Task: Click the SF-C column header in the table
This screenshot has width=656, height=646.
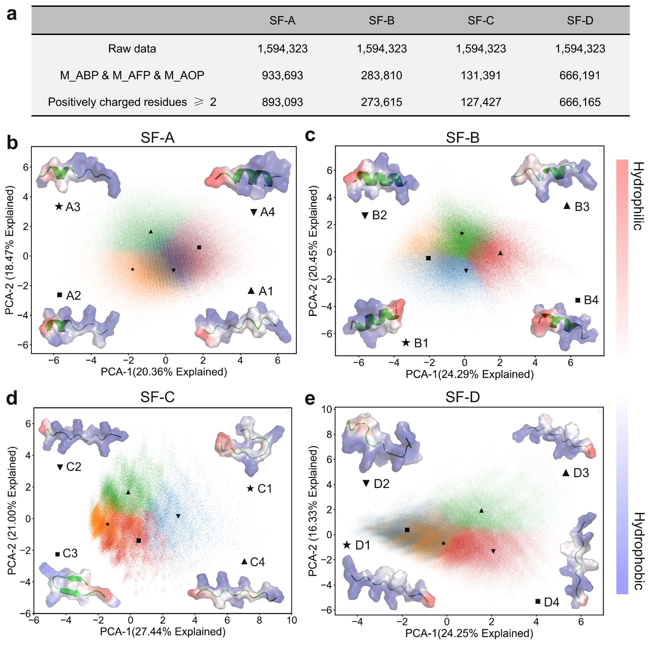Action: [x=481, y=20]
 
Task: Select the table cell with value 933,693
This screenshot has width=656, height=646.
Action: [x=282, y=75]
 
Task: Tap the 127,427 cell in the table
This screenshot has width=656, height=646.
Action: [x=481, y=102]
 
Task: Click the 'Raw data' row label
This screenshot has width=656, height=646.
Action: [x=132, y=49]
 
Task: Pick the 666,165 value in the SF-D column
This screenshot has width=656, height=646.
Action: [x=580, y=102]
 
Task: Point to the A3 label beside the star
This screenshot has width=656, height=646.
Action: [x=73, y=207]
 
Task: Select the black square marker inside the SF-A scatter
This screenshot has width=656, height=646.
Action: [x=199, y=248]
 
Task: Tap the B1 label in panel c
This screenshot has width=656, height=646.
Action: [x=421, y=343]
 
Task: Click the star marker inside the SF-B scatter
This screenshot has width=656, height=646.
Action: [x=462, y=234]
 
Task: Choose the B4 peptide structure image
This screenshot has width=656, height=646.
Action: [x=565, y=326]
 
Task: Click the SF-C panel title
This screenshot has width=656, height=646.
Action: [x=157, y=397]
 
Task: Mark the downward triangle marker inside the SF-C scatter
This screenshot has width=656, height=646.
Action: [x=178, y=516]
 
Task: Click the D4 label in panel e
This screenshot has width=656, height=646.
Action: [x=552, y=602]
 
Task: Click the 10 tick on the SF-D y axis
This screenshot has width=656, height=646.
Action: [x=327, y=409]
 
